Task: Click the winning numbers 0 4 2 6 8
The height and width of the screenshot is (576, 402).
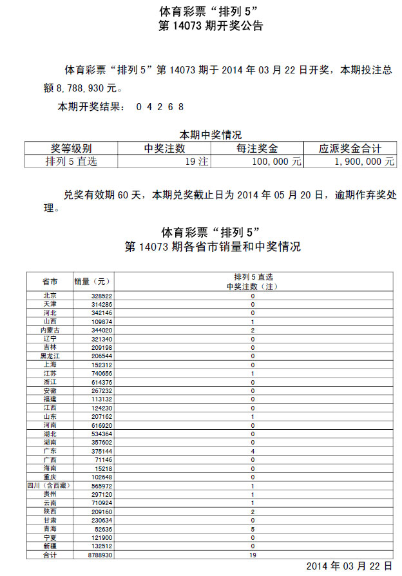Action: point(160,107)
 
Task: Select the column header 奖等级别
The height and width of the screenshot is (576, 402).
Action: point(71,149)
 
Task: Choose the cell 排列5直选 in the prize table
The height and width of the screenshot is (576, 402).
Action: point(71,162)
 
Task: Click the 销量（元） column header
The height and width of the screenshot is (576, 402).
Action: point(93,282)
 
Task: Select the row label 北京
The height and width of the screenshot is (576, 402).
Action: point(50,296)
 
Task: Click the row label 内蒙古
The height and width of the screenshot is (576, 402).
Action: point(50,330)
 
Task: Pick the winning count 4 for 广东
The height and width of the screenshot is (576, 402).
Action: point(253,451)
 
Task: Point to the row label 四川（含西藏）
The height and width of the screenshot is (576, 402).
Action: point(50,486)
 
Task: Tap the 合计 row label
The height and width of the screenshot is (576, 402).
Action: point(50,555)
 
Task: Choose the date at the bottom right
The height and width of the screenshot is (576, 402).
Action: point(349,566)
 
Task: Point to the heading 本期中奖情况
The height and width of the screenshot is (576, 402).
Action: point(210,135)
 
